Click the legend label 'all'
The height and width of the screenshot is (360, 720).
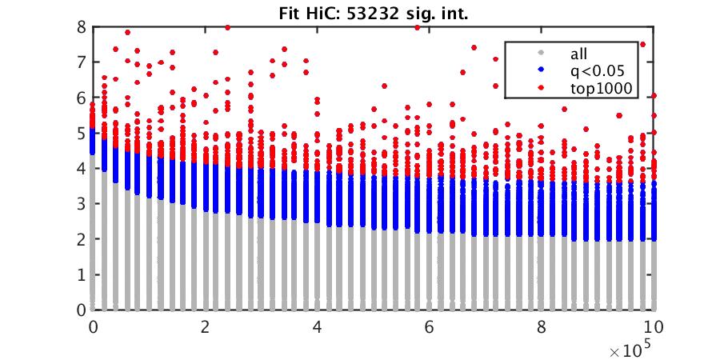tap(578, 54)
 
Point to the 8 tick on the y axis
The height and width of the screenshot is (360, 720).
tap(82, 26)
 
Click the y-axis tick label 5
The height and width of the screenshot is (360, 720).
tap(82, 133)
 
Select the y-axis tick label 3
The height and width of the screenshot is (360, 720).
tap(82, 203)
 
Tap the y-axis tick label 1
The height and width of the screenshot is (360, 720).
tap(82, 274)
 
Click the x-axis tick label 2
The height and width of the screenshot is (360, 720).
tap(206, 327)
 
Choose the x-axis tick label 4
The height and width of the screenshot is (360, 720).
tap(318, 327)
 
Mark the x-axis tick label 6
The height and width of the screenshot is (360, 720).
tap(430, 327)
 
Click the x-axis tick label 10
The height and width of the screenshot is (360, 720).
tap(654, 327)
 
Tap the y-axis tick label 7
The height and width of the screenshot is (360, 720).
tap(82, 62)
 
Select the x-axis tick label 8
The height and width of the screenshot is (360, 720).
tap(542, 327)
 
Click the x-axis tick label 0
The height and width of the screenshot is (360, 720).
tap(94, 327)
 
